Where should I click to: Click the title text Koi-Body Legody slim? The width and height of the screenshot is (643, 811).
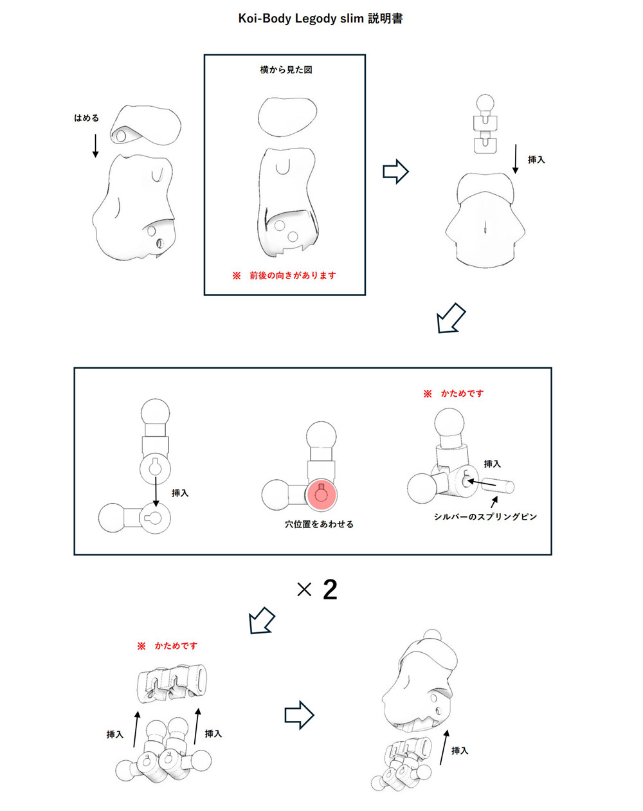tap(301, 19)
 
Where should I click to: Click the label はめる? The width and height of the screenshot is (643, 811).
tap(86, 118)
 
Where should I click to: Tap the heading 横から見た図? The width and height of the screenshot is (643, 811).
tap(286, 69)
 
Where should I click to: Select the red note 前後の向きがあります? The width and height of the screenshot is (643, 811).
tap(293, 276)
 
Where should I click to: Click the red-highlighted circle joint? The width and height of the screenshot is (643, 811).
tap(321, 495)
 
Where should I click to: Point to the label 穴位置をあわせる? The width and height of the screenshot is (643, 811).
tap(319, 524)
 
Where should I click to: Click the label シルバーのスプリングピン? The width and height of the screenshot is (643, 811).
tap(485, 516)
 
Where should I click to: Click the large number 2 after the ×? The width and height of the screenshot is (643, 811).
tap(330, 590)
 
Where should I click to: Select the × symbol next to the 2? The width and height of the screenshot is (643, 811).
tap(304, 590)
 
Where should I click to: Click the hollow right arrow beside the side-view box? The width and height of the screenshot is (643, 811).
tap(395, 172)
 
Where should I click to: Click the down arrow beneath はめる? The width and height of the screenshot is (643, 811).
tap(95, 145)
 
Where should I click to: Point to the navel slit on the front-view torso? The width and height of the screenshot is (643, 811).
tap(485, 226)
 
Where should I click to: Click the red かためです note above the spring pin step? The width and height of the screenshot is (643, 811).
tap(462, 394)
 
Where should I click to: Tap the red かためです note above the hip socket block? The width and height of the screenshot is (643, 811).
tap(176, 646)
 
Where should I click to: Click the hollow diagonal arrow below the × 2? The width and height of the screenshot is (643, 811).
tap(262, 621)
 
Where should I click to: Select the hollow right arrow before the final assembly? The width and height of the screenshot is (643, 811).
tap(299, 715)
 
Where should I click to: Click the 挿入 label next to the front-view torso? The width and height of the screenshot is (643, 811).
tap(536, 159)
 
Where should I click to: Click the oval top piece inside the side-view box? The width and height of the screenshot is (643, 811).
tap(287, 116)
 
